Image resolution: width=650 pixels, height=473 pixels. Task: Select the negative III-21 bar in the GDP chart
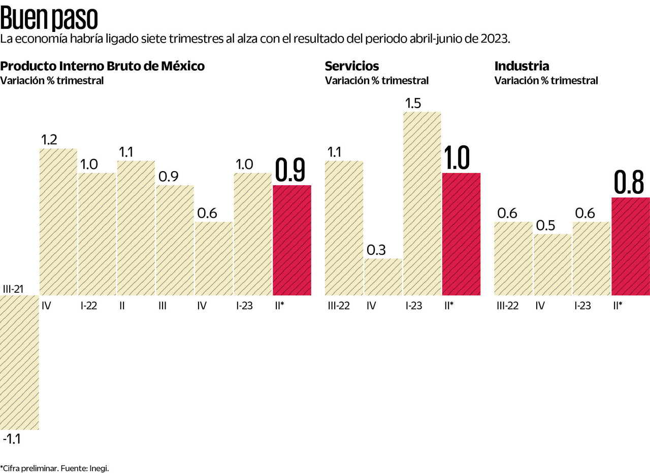(x=19, y=362)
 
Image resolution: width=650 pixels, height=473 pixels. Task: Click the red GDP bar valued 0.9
(x=292, y=240)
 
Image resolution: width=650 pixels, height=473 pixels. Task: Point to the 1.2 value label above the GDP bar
(x=49, y=140)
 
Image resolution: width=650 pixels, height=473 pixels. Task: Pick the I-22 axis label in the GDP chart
(x=89, y=306)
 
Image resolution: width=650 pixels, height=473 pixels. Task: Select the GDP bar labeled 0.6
(x=214, y=258)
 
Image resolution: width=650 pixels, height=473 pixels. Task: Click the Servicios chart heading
(x=351, y=66)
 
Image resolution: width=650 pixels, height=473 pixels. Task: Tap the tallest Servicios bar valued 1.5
(x=422, y=204)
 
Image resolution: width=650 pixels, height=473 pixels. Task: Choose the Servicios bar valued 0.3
(x=383, y=277)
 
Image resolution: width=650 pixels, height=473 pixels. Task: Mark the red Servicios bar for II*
(x=461, y=234)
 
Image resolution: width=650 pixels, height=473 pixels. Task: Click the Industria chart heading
(x=522, y=66)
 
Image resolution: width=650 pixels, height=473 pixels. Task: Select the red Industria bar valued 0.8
(x=631, y=246)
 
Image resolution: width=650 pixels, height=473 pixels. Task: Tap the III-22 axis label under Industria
(x=507, y=306)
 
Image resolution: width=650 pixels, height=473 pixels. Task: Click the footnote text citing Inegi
(x=55, y=467)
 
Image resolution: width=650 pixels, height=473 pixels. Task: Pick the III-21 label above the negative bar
(x=14, y=289)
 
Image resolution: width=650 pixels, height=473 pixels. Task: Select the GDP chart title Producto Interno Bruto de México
(x=102, y=66)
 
